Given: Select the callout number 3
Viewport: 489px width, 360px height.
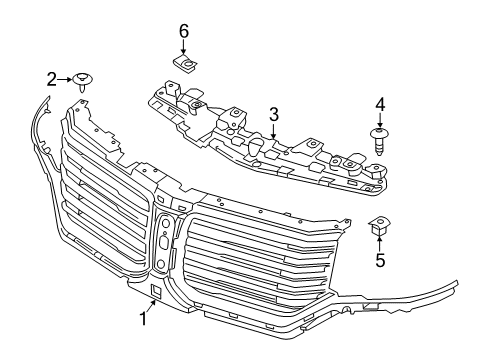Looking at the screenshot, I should tap(273, 115).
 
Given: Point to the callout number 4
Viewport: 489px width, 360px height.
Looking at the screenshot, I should tap(380, 104).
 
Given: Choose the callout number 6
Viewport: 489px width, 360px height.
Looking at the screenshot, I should tap(184, 31).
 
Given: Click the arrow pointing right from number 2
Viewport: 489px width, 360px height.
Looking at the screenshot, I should tap(66, 77).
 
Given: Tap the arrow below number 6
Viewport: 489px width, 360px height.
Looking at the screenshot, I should tap(184, 47).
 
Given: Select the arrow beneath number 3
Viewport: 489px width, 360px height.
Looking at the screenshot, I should tap(273, 130).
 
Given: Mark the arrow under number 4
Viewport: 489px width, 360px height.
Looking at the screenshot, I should tap(380, 119).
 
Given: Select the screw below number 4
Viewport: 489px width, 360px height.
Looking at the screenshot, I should tap(380, 139).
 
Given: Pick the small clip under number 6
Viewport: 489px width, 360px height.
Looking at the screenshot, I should tap(185, 66).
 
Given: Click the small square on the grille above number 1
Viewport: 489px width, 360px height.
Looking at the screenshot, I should tap(155, 292).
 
